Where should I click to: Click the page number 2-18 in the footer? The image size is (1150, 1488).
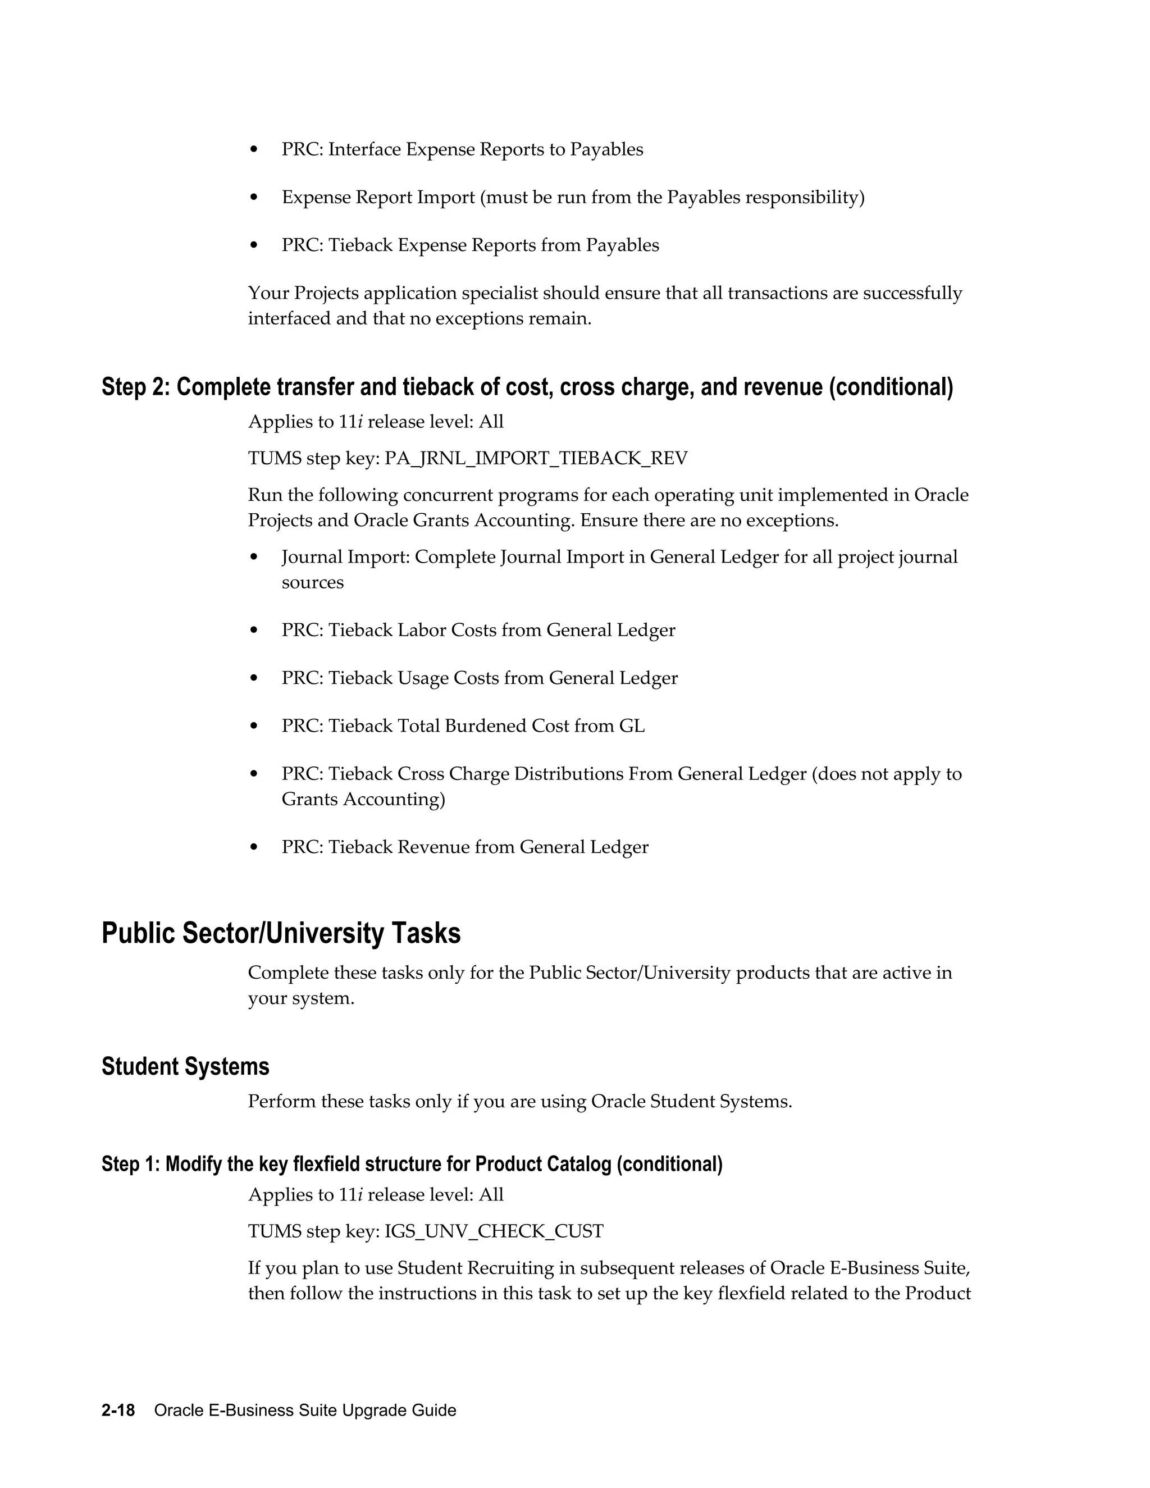(x=118, y=1411)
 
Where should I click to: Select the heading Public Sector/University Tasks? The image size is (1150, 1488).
(x=281, y=933)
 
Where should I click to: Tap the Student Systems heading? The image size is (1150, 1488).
(x=185, y=1066)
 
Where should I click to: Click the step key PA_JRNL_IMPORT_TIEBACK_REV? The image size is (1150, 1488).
(x=536, y=459)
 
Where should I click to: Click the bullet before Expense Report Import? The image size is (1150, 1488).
(x=254, y=198)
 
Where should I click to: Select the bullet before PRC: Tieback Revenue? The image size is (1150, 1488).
(x=254, y=847)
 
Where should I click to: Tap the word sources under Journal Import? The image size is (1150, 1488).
(x=313, y=582)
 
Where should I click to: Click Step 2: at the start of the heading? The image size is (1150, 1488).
(x=135, y=387)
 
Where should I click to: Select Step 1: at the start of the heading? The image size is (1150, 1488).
(x=131, y=1163)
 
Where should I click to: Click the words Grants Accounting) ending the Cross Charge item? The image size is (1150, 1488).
(x=363, y=799)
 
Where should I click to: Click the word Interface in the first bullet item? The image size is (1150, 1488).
(x=364, y=150)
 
